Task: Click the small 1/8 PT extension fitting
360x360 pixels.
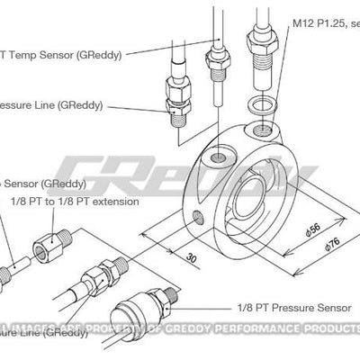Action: pos(48,242)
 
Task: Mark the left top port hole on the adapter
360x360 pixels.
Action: pos(217,159)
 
